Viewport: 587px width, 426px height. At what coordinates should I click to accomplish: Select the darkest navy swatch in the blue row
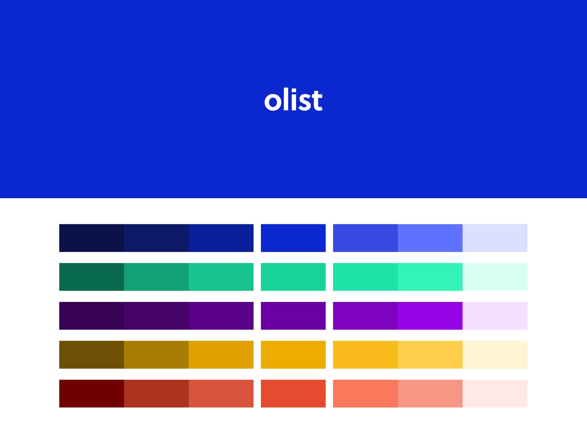coord(92,238)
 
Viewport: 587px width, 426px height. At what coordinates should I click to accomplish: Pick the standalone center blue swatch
coord(293,238)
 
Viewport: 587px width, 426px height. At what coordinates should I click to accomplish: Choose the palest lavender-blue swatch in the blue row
coord(495,238)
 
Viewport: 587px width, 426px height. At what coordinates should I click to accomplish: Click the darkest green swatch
coord(92,277)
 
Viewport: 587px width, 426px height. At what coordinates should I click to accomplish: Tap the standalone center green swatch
coord(293,277)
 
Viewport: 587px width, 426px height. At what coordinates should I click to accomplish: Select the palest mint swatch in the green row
coord(495,277)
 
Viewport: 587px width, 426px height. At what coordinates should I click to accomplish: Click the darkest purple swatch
coord(92,316)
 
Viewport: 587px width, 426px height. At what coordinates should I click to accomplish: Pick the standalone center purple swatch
coord(293,316)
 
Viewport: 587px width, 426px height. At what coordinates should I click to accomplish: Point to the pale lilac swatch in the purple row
coord(495,316)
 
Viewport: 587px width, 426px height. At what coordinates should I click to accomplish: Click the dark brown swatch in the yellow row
coord(92,355)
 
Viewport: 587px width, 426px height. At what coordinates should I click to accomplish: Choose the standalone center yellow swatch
coord(293,355)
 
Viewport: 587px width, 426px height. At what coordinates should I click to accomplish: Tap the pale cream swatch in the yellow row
coord(495,355)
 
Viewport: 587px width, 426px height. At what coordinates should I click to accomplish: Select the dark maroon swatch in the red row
coord(92,394)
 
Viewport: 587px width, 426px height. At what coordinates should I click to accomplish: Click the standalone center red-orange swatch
coord(293,394)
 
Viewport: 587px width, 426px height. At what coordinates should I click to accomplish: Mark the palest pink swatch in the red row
coord(495,394)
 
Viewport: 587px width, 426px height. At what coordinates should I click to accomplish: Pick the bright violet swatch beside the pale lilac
coord(430,316)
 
